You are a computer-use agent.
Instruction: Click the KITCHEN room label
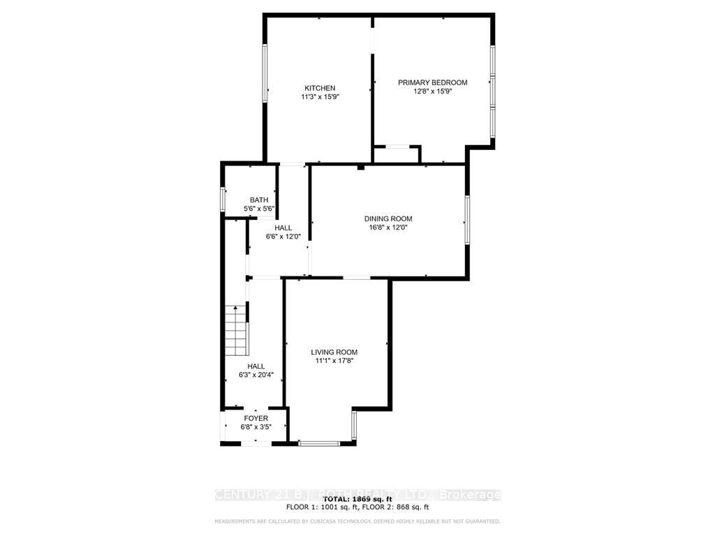[319, 88]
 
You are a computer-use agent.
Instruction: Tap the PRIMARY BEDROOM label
[432, 82]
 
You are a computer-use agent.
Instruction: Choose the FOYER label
[256, 419]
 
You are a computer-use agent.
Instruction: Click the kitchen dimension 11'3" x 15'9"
[319, 98]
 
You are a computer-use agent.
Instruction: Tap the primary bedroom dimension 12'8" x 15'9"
[432, 91]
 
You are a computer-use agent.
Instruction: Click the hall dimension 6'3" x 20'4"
[256, 375]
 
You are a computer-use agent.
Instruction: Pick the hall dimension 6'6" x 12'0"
[283, 237]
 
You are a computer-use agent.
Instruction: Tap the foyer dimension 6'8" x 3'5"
[256, 427]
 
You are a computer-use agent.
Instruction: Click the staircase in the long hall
[237, 331]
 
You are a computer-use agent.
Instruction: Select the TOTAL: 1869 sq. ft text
[357, 500]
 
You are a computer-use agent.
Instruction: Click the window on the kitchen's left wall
[265, 73]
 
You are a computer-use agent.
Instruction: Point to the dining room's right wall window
[466, 220]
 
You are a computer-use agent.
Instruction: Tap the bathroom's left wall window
[223, 199]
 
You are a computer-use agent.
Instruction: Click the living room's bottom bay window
[319, 442]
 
